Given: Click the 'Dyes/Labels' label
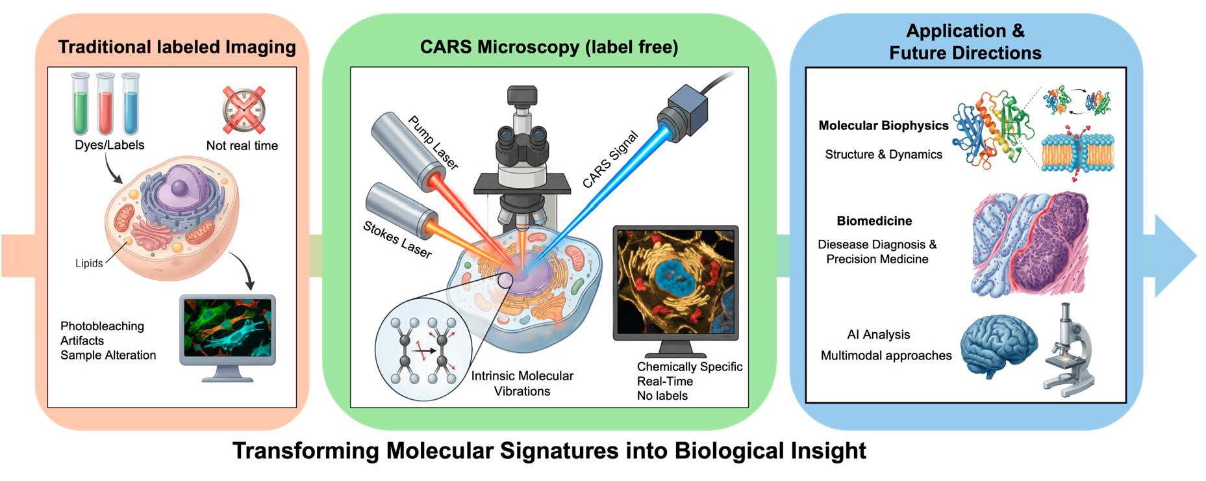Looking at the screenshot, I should coord(109,145).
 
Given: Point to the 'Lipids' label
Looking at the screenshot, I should coord(89,263).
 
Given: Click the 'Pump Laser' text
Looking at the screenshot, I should coord(433,142).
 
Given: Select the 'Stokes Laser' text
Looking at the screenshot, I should coord(397,239).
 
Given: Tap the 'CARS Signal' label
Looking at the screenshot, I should coord(610,160).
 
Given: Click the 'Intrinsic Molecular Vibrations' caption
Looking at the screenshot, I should coord(522,383).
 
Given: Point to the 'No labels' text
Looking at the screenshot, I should coord(662,396).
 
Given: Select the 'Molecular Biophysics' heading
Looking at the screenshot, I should coord(883,125).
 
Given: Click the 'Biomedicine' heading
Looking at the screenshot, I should coord(874,221).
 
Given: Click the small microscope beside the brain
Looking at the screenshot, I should coord(1068,351).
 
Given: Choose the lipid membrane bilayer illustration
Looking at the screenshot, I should coord(1077,153).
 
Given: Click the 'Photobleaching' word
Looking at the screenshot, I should coord(102,326).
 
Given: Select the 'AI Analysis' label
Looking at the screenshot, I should coord(878,335).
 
